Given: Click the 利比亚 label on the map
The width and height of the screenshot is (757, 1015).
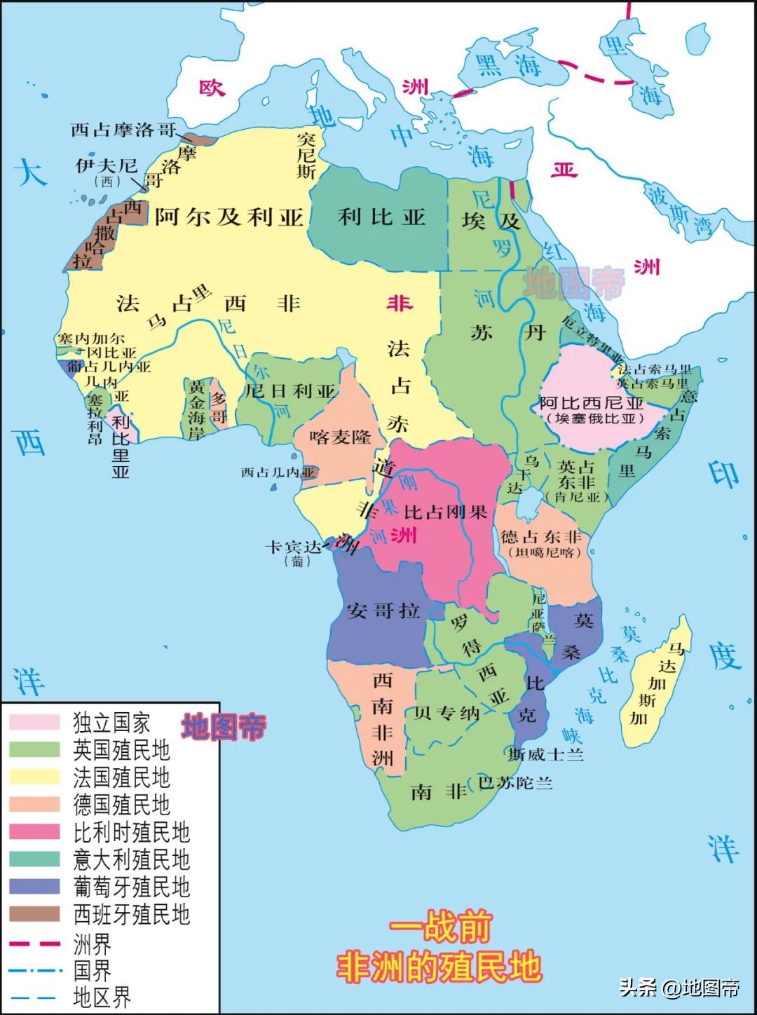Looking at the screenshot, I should tap(382, 217).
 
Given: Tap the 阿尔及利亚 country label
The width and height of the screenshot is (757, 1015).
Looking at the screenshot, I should tap(229, 217).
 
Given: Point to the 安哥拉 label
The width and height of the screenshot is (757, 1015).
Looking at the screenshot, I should tap(383, 610).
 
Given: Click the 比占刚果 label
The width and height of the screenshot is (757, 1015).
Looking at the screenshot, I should tap(445, 512).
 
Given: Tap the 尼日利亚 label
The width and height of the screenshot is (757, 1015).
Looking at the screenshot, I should tap(290, 391).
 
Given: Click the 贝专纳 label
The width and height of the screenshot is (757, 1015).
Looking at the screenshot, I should tap(446, 714).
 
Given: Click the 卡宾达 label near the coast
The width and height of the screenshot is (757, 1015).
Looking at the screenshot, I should tap(293, 547).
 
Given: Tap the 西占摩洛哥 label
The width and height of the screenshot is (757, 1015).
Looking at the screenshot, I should tap(123, 130).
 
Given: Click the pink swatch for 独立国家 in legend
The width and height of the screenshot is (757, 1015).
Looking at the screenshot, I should tap(34, 722).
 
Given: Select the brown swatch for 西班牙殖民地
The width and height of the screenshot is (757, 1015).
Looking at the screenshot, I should tap(34, 914).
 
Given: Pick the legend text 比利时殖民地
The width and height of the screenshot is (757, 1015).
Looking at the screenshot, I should tap(131, 832).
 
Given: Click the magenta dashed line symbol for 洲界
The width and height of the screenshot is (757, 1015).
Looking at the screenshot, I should tap(34, 944).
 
